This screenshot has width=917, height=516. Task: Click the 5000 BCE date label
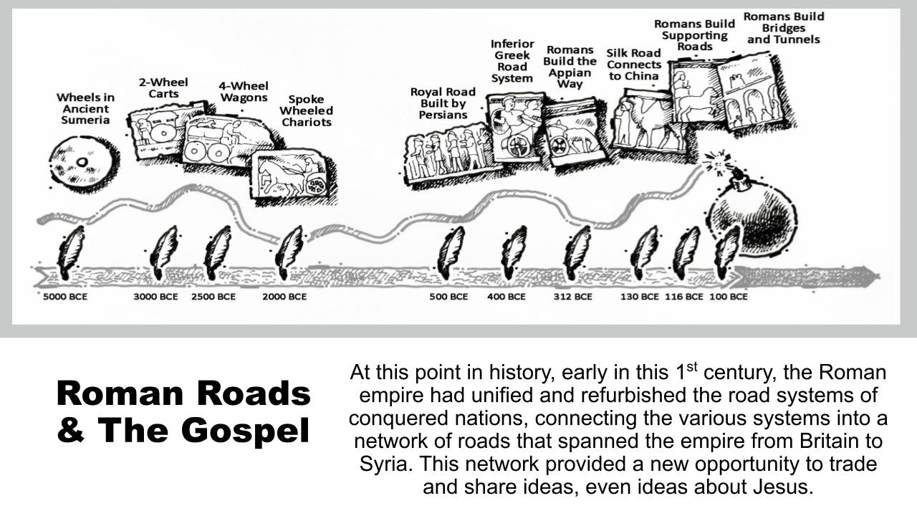(x=65, y=297)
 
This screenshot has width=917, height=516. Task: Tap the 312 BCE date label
(x=572, y=297)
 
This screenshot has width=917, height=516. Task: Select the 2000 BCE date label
(x=284, y=297)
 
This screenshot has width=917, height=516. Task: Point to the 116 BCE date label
(x=683, y=297)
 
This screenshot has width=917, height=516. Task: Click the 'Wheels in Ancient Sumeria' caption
(x=85, y=109)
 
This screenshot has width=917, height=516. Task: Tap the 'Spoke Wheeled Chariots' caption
(x=306, y=110)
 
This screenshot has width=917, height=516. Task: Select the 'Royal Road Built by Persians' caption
(x=443, y=103)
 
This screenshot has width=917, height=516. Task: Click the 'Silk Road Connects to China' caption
(x=634, y=64)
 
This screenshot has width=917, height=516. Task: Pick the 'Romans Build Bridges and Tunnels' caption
(x=784, y=28)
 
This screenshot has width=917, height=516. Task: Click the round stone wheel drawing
(x=84, y=163)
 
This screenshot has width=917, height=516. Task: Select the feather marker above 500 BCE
(x=451, y=253)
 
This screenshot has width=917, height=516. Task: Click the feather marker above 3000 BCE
(x=164, y=253)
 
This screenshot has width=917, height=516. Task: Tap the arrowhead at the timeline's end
(x=869, y=274)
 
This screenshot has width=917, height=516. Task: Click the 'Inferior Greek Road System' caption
(x=512, y=61)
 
